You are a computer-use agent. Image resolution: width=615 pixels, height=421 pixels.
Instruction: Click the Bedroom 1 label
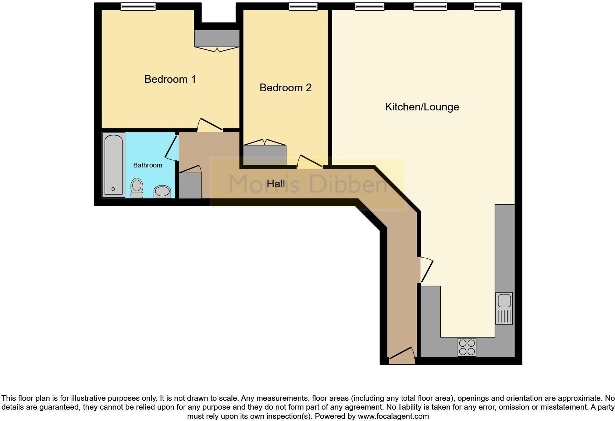(170, 79)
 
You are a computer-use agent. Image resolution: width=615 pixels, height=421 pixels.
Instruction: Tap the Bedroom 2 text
(285, 88)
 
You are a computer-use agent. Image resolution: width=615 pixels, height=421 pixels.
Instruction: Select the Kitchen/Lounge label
(422, 107)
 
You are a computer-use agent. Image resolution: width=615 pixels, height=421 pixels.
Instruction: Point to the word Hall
(276, 184)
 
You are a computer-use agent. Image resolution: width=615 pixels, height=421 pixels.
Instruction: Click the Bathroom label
(148, 165)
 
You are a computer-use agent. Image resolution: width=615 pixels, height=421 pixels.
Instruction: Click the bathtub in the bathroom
(113, 165)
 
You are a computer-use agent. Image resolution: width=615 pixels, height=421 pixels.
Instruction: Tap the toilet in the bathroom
(137, 188)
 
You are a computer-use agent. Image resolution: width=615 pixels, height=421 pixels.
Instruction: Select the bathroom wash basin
(162, 192)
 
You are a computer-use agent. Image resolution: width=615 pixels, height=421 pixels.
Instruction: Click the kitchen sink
(504, 308)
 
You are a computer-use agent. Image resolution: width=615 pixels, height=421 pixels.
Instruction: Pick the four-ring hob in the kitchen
(467, 347)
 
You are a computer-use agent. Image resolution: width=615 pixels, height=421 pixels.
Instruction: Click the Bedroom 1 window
(138, 7)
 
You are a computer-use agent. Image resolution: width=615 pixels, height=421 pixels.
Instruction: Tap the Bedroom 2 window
(303, 7)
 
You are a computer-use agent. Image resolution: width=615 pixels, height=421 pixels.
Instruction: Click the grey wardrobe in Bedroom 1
(217, 38)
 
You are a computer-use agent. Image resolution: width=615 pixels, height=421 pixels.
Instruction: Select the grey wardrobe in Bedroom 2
(265, 155)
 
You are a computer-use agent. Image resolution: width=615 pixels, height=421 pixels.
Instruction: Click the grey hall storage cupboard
(190, 185)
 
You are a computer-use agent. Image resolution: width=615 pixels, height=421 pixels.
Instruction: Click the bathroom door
(172, 148)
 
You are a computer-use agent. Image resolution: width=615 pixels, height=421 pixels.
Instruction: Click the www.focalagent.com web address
(393, 416)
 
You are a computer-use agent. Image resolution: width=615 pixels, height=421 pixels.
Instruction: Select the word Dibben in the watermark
(348, 184)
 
